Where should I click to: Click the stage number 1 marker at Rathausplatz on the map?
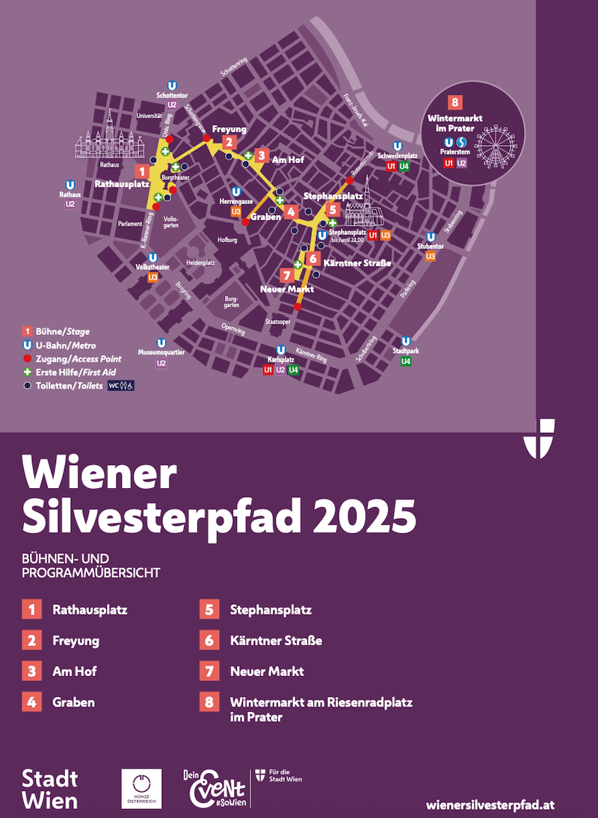[x=139, y=172]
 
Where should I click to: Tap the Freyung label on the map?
[x=229, y=129]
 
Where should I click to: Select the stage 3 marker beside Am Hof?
[x=260, y=156]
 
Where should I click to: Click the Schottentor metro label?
[x=172, y=96]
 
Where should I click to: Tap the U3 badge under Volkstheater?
[x=152, y=277]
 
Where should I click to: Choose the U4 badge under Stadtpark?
[x=406, y=361]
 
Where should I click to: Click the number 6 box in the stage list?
[x=209, y=641]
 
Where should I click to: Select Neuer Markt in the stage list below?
[x=267, y=671]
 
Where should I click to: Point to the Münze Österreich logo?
[x=141, y=788]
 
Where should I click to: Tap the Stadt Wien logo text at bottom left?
[x=49, y=789]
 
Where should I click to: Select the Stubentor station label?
[x=431, y=246]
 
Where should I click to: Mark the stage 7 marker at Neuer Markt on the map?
[x=286, y=274]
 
